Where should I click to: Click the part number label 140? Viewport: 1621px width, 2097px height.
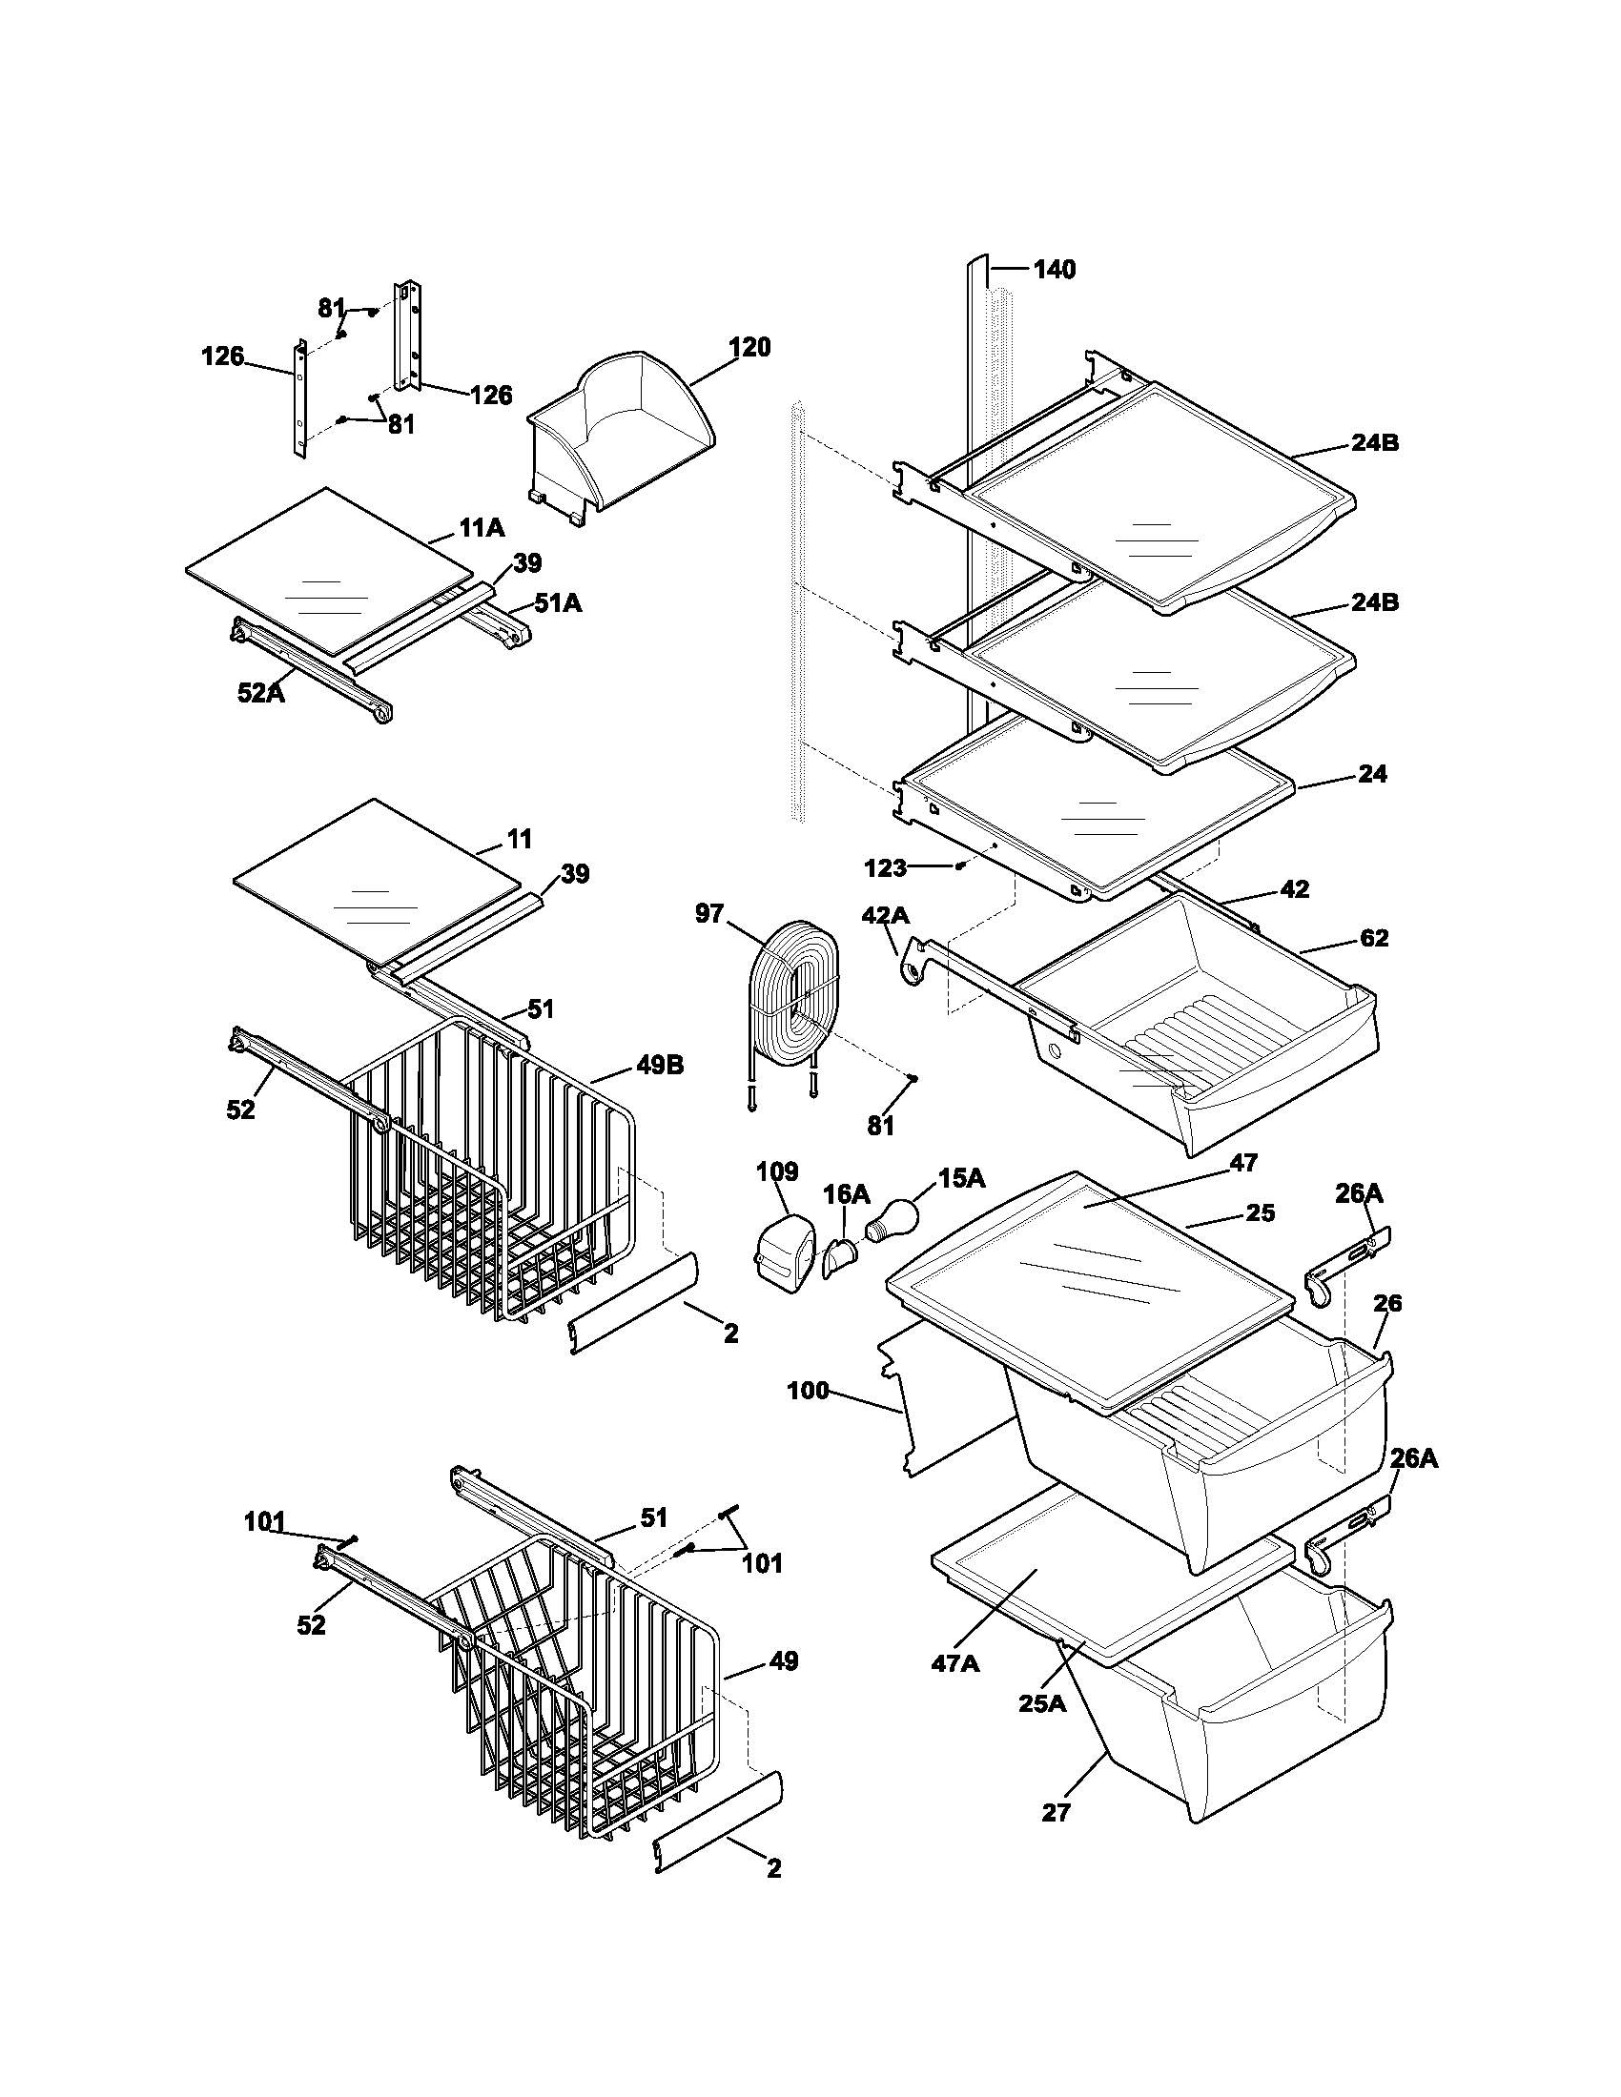point(1054,270)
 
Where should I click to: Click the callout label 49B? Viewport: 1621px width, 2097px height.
point(659,1065)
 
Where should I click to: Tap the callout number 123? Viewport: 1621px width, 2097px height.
point(885,868)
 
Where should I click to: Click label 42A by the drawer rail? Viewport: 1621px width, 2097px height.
point(885,916)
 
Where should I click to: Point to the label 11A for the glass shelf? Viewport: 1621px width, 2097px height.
point(482,528)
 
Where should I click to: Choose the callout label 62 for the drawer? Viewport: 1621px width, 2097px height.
point(1374,938)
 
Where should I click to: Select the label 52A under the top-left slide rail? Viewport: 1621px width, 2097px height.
point(261,693)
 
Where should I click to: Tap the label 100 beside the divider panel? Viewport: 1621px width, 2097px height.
point(807,1391)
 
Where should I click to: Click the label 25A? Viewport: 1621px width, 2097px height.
point(1042,1703)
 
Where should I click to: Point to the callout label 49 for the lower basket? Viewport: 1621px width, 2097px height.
point(784,1661)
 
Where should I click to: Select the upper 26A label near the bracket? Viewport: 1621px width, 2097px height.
point(1359,1193)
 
